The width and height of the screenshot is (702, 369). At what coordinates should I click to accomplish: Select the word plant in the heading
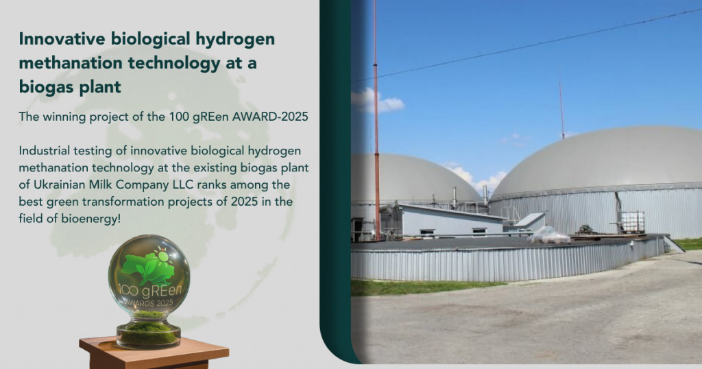pos(101,87)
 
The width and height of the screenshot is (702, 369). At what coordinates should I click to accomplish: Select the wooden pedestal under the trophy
pos(154,353)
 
